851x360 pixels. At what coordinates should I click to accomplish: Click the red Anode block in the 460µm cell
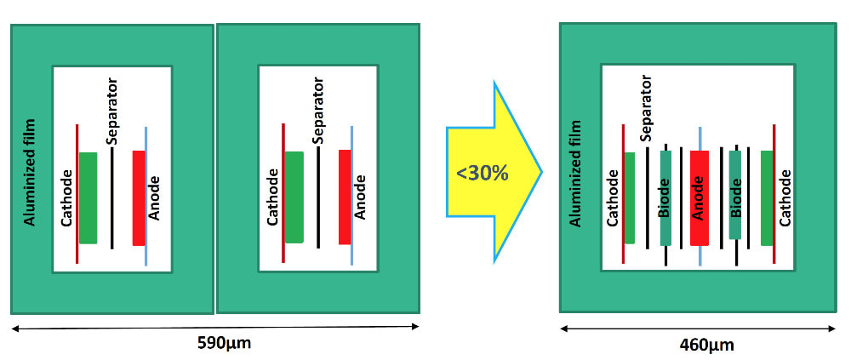700,197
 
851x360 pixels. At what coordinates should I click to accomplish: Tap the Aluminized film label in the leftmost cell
29,174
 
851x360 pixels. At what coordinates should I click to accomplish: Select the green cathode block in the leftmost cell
88,197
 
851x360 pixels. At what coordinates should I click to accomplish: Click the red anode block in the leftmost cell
139,197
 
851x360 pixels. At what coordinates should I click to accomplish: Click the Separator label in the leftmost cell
111,110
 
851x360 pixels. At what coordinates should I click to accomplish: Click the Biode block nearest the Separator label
665,197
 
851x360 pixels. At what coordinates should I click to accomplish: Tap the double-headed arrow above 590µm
215,327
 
